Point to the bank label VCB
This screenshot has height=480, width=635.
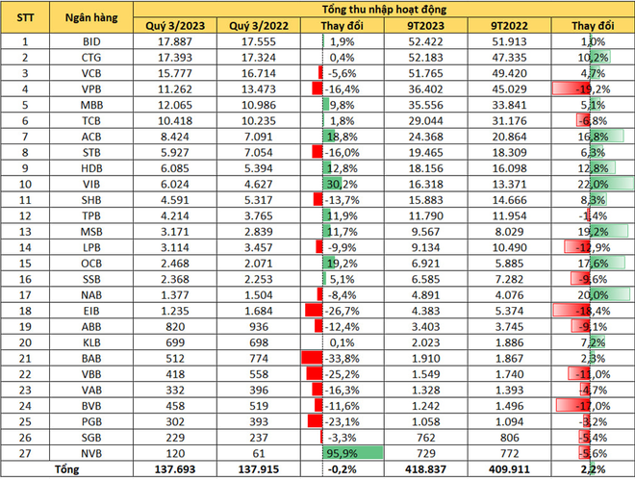(x=90, y=72)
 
